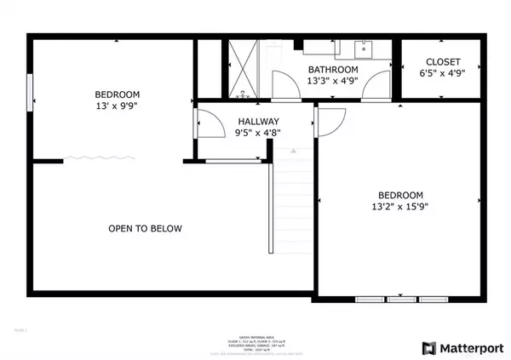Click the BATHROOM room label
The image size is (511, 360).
[x=333, y=70]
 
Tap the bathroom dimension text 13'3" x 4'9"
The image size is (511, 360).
[x=333, y=82]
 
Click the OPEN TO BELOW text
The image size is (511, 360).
[x=145, y=228]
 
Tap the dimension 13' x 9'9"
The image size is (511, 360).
[x=118, y=106]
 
